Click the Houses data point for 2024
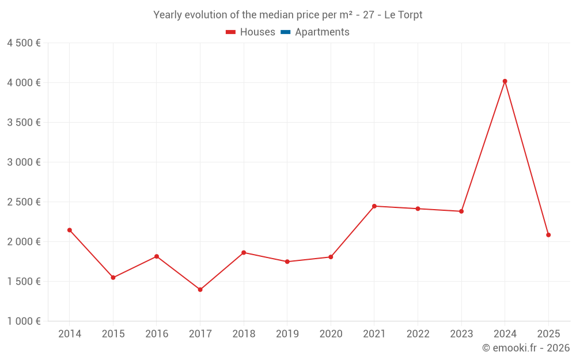pyautogui.click(x=505, y=81)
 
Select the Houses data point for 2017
pyautogui.click(x=200, y=290)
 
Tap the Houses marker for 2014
pyautogui.click(x=70, y=230)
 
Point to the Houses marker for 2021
pyautogui.click(x=374, y=206)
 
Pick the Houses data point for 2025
pyautogui.click(x=548, y=235)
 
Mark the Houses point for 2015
pyautogui.click(x=113, y=278)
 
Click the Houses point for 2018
pyautogui.click(x=244, y=252)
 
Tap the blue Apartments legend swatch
pyautogui.click(x=285, y=32)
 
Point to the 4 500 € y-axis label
pyautogui.click(x=24, y=43)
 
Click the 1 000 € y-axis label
pyautogui.click(x=24, y=321)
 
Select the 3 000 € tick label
pyautogui.click(x=24, y=162)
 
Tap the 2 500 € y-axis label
pyautogui.click(x=24, y=202)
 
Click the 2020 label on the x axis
pyautogui.click(x=331, y=334)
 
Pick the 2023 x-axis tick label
pyautogui.click(x=461, y=334)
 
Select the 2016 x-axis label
pyautogui.click(x=157, y=334)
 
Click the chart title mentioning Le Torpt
pyautogui.click(x=287, y=15)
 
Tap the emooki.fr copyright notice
pyautogui.click(x=525, y=348)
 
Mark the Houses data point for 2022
pyautogui.click(x=418, y=209)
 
